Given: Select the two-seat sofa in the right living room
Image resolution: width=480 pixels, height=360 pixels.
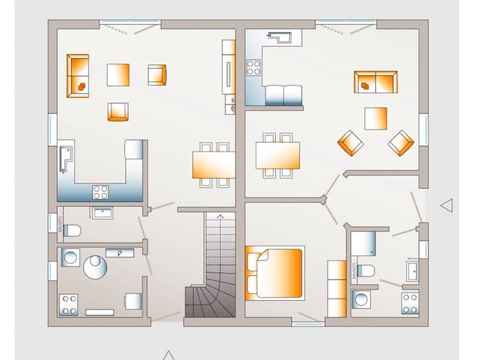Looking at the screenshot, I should [375, 82].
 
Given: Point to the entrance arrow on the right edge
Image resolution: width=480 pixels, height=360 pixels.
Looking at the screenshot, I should [446, 206].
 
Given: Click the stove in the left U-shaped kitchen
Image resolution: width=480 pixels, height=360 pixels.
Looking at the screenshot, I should [100, 192].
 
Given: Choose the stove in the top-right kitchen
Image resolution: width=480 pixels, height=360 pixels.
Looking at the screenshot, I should [254, 68].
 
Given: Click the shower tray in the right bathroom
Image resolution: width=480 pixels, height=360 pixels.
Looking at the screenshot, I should [363, 242].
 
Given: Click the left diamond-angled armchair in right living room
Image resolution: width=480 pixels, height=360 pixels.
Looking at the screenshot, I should [350, 142].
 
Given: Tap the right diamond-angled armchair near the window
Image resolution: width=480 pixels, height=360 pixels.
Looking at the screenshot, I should [401, 143].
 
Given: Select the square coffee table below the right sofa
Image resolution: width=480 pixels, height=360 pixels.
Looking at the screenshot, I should [376, 118].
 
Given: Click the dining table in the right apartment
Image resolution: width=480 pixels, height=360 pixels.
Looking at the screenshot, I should [278, 154].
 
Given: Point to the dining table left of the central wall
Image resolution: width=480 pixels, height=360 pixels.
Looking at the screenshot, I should [213, 163].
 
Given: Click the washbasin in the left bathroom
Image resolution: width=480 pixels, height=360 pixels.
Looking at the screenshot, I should [102, 212].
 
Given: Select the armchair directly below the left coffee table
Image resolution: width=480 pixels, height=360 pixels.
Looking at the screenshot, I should [119, 111].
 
